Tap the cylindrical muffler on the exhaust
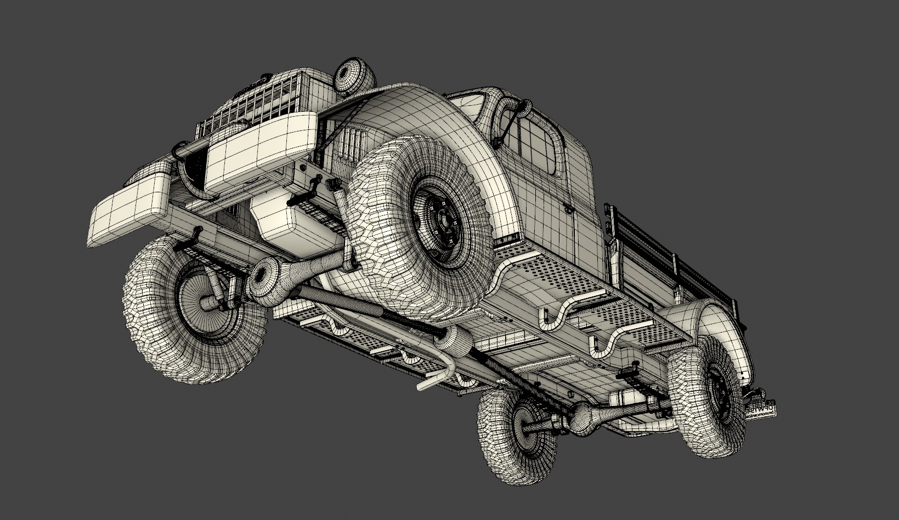coord(453,340)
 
